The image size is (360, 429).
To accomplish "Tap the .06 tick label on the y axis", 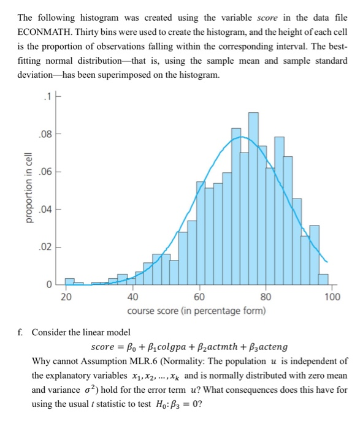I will coord(44,172).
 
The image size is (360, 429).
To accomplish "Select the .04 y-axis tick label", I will coord(44,210).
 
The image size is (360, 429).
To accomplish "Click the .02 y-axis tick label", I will coord(44,248).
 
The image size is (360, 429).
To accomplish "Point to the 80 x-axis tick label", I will coord(266,298).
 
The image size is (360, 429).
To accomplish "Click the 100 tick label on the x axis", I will coord(332,298).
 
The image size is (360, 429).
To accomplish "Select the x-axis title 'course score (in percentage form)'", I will coord(196,311).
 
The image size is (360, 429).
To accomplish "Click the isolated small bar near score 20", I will coord(69,282).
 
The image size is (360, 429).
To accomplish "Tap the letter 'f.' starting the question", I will coord(22,332).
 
